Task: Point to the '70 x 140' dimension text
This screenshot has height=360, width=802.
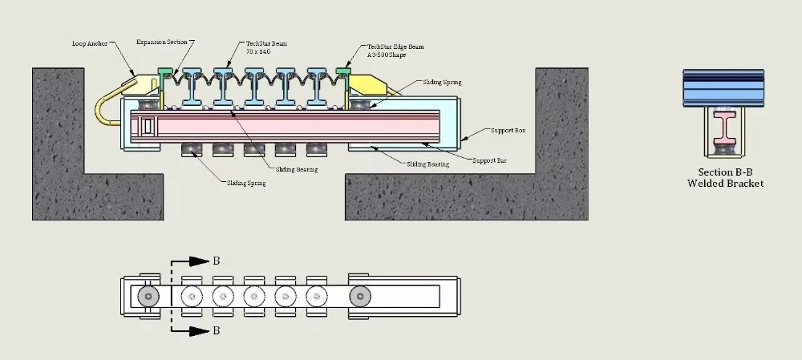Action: click(260, 51)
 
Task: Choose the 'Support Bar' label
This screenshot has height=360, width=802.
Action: click(490, 160)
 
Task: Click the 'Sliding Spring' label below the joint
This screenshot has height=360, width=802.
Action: click(246, 184)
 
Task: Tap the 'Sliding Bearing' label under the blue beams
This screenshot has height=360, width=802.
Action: click(296, 169)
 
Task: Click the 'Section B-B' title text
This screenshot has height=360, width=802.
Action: click(725, 172)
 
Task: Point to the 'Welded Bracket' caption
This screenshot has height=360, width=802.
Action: click(725, 184)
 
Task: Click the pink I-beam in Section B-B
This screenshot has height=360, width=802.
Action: click(725, 128)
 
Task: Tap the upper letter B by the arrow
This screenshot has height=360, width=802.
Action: click(216, 261)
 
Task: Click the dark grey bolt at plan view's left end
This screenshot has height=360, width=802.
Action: click(147, 296)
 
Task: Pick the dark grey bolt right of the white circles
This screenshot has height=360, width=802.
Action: click(361, 296)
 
